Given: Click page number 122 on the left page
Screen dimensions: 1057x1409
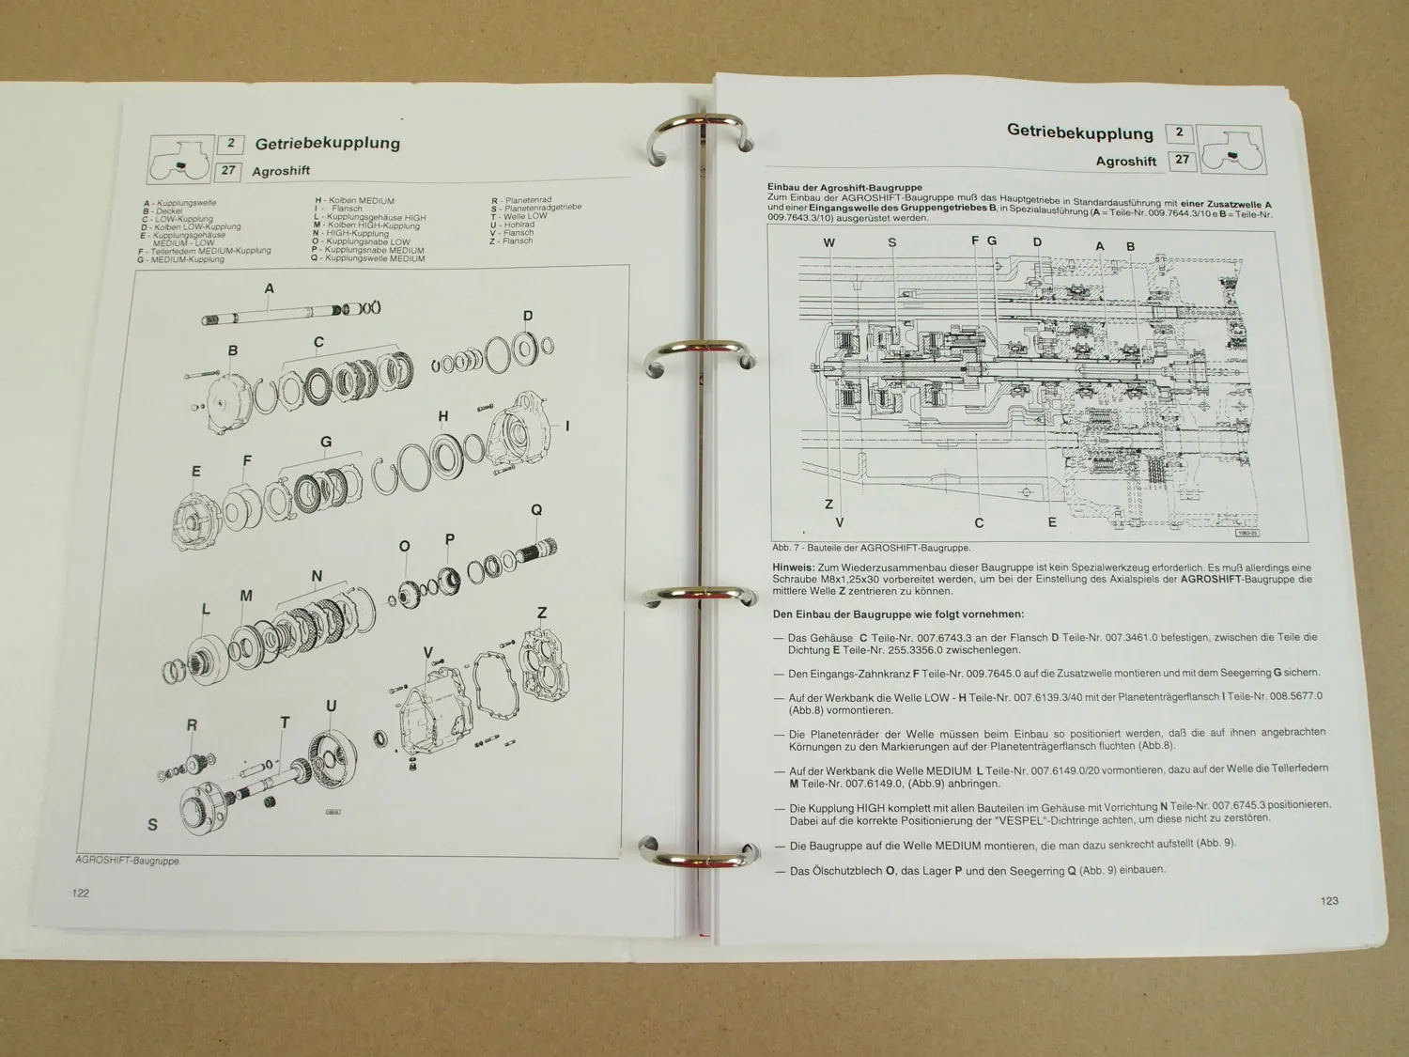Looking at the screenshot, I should click(81, 893).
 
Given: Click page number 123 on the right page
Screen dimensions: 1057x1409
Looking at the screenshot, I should click(1329, 901).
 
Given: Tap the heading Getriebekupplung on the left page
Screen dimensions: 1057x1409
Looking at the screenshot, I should click(327, 144).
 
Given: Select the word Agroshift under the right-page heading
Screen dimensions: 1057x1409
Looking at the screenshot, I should click(1125, 162).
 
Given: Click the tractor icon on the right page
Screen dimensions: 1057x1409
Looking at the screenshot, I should click(1233, 148).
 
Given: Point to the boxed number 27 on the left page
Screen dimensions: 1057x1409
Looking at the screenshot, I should click(228, 171).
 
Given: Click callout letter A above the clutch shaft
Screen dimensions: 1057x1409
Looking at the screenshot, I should click(270, 288).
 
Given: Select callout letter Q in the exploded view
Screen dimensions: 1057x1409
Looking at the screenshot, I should click(536, 510).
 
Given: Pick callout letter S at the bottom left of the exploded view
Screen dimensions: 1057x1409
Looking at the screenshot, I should click(153, 825).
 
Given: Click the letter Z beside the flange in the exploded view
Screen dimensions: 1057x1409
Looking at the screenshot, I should click(542, 613).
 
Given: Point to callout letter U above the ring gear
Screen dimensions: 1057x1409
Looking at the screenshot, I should click(331, 706).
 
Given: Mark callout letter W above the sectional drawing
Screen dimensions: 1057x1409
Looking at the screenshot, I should click(828, 242).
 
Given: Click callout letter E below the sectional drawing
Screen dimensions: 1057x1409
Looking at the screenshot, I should click(1052, 522).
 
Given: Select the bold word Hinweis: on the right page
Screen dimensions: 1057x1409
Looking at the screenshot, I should click(793, 567).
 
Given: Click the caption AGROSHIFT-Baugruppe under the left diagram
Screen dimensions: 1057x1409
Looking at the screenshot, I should click(128, 861).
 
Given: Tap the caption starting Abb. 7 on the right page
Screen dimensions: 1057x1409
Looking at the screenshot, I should click(871, 548).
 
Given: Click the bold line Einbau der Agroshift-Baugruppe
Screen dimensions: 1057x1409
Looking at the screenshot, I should click(844, 188).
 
